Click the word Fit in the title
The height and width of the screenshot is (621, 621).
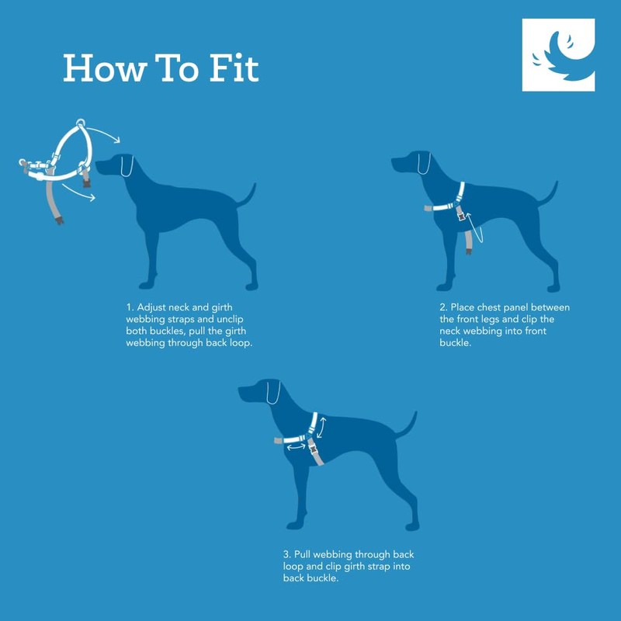[x=231, y=68]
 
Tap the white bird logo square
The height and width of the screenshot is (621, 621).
[x=558, y=55]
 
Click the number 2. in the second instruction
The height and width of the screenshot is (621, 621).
[x=443, y=308]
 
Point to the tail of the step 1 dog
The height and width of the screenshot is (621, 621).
[x=247, y=195]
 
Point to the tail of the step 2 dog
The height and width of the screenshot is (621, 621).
[x=550, y=194]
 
